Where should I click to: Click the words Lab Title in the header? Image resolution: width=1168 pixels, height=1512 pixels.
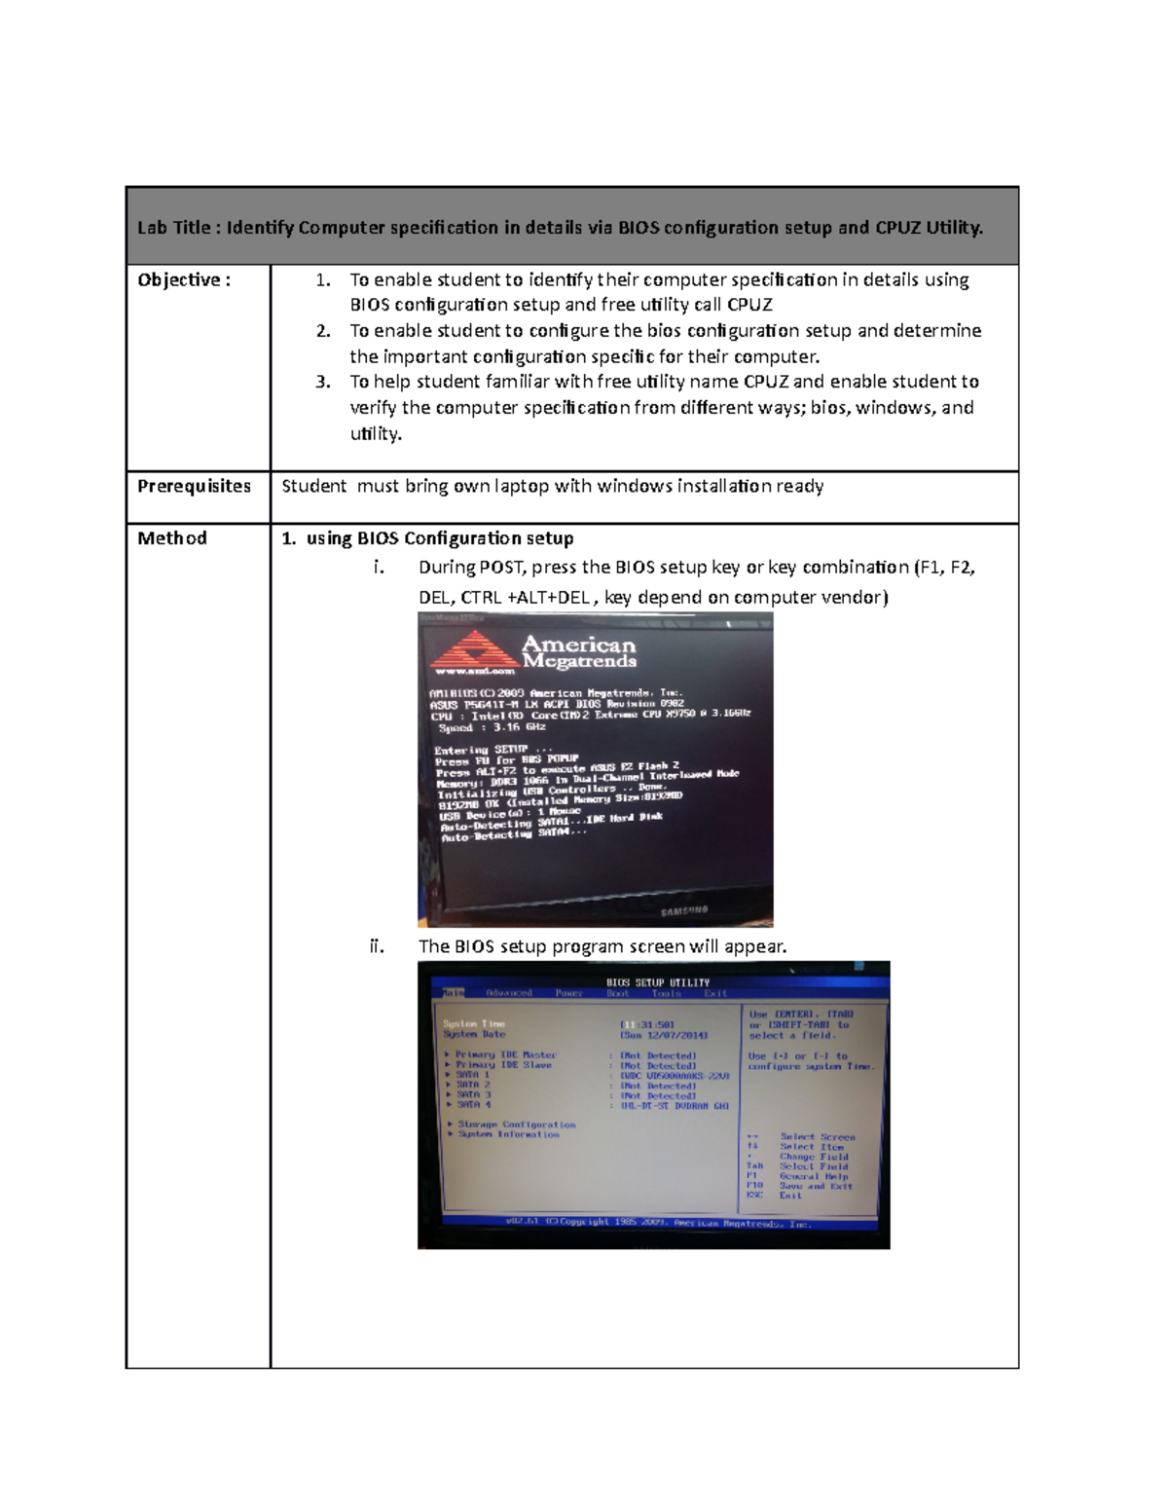pos(173,228)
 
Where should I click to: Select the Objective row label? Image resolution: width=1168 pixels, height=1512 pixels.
pos(183,280)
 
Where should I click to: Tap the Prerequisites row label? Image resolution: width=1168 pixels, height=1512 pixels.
pos(194,486)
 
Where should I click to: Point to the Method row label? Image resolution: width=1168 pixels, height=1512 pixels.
pos(171,538)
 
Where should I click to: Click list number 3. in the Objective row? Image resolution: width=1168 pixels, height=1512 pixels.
pos(323,382)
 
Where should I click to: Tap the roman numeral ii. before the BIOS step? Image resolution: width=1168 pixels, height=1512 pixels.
pos(377,945)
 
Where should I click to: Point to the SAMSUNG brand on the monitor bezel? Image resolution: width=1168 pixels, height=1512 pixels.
pos(684,911)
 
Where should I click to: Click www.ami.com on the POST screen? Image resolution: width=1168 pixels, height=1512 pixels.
pos(474,672)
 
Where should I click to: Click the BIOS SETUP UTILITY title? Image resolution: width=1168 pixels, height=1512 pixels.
pos(658,982)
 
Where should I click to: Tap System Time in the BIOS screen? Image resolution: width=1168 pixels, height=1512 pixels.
pos(474,1024)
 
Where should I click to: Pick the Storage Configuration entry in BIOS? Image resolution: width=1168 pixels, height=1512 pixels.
pos(517,1125)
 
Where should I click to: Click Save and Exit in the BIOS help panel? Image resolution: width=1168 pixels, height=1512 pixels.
pos(816,1186)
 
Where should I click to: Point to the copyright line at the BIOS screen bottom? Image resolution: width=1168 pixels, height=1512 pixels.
pos(658,1223)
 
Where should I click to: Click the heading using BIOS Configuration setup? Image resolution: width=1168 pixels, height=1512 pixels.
pos(439,538)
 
